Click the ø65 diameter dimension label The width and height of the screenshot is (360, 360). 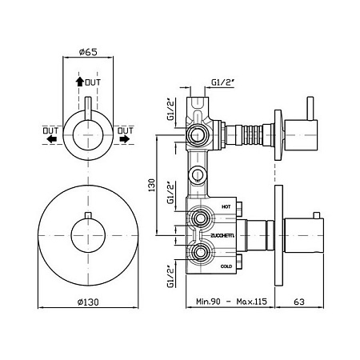88,52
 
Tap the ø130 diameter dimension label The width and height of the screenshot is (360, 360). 88,302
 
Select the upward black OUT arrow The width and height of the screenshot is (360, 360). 79,82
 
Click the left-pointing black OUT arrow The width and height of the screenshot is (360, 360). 52,138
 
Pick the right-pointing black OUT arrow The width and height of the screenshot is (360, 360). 125,138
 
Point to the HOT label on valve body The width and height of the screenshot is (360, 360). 226,206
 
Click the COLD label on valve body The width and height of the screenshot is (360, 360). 226,266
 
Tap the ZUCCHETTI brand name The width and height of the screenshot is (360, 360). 222,236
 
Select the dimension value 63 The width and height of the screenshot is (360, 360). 299,302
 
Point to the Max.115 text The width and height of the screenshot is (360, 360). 251,302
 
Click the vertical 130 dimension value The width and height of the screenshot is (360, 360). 151,185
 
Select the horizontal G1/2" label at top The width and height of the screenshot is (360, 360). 222,82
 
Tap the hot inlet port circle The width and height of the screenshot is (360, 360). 199,218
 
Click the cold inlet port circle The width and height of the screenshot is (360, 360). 199,252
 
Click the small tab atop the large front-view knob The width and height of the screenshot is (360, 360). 88,215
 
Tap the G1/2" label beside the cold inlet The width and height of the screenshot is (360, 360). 171,276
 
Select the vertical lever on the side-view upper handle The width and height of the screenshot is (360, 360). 310,109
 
